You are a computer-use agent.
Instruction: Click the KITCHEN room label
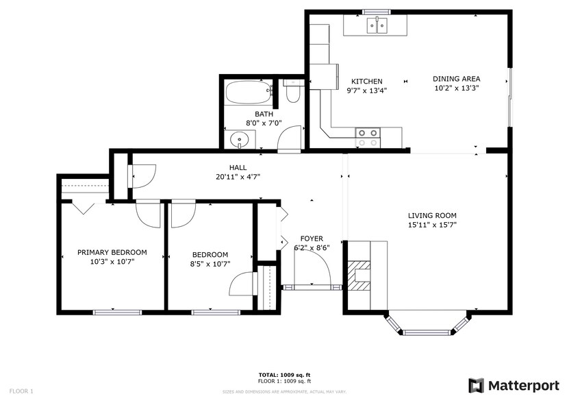366,82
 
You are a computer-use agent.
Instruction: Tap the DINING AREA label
456,79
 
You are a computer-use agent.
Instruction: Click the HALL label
238,167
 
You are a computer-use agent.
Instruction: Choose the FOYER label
312,239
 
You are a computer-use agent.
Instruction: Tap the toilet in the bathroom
293,91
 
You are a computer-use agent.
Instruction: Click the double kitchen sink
376,27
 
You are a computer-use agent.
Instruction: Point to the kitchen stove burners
367,138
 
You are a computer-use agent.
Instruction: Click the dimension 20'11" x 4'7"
238,177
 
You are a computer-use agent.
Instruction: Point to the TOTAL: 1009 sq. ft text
284,374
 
